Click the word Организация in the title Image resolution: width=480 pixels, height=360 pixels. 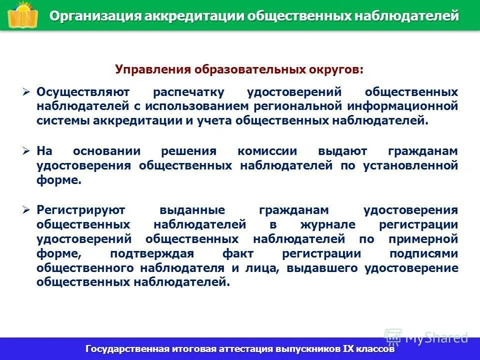coord(95,16)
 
